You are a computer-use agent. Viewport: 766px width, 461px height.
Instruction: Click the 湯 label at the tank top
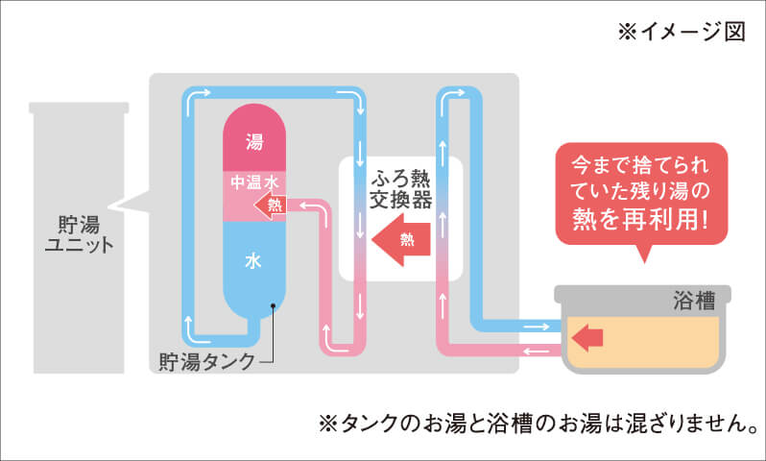[254, 142]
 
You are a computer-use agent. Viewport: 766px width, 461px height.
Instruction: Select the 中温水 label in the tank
[254, 181]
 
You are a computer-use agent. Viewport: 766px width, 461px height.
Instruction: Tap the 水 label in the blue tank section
[254, 260]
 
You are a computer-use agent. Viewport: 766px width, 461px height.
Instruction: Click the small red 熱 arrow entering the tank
[271, 204]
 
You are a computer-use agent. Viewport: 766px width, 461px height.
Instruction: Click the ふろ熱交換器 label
[400, 189]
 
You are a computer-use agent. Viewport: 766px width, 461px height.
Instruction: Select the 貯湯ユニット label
[79, 232]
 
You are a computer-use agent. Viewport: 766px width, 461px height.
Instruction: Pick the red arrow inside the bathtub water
[587, 336]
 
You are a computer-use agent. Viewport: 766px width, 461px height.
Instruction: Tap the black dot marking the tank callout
[274, 307]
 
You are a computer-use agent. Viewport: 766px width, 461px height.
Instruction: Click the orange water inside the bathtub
[662, 341]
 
